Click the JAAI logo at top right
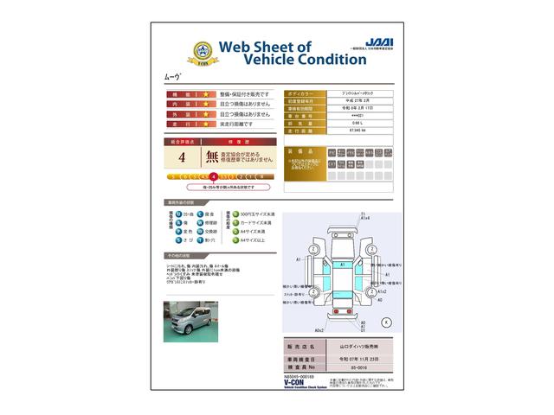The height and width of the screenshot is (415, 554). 374,41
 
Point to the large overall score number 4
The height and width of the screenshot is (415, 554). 181,158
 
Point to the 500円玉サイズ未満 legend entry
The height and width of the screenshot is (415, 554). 253,213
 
